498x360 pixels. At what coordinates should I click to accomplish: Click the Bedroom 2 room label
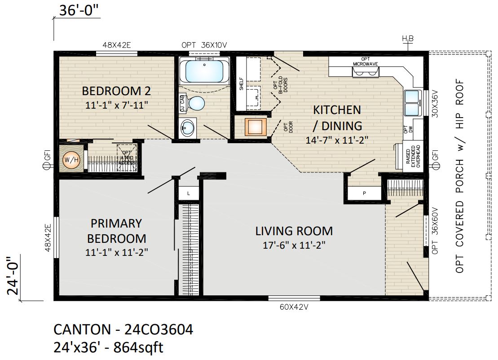pos(116,91)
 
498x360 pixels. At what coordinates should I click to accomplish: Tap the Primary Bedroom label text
pos(116,230)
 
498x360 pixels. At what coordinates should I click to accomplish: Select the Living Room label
pos(294,231)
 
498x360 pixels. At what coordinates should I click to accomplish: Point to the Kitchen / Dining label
pos(337,117)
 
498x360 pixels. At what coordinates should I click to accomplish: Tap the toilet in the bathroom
pos(196,103)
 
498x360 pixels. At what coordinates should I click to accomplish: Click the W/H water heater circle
pos(71,159)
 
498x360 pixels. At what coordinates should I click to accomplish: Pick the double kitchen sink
pos(412,103)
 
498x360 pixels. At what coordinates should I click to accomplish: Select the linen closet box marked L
pos(189,193)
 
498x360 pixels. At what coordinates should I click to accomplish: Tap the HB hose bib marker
pos(407,40)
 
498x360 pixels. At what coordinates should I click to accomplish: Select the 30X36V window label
pos(435,105)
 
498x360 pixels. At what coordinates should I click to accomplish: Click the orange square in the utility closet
pos(256,127)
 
